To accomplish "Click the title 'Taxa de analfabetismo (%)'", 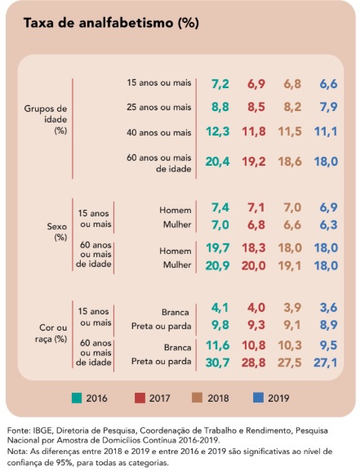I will tap(111, 23).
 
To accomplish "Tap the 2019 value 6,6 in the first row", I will tap(328, 84).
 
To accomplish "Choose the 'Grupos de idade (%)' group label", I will tap(44, 118).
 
